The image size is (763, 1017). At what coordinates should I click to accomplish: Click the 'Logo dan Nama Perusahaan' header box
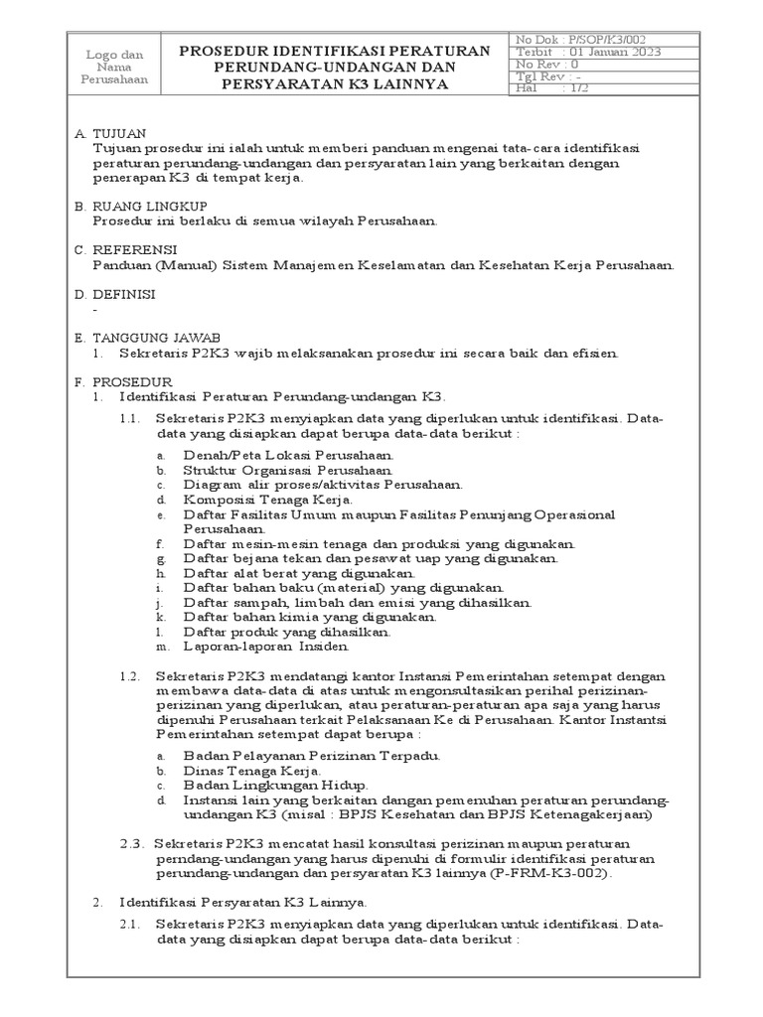point(115,66)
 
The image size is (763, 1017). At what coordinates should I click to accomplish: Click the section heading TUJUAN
point(119,133)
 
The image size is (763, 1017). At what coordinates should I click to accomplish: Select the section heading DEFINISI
point(124,294)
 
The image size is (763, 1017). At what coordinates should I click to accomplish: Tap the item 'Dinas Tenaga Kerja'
point(252,771)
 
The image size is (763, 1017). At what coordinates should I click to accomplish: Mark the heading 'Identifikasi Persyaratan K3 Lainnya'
point(243,902)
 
